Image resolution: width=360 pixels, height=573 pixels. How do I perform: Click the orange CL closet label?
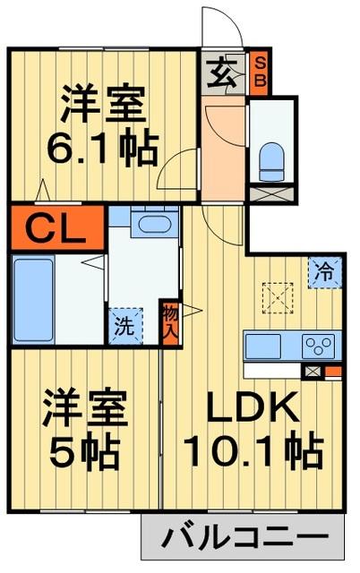click(x=56, y=228)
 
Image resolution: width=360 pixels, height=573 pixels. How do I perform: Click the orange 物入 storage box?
click(x=170, y=321)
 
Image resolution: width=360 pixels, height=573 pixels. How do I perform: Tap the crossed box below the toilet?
click(x=271, y=192)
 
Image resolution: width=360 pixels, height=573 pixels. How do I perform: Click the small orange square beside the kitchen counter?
click(x=332, y=372)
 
